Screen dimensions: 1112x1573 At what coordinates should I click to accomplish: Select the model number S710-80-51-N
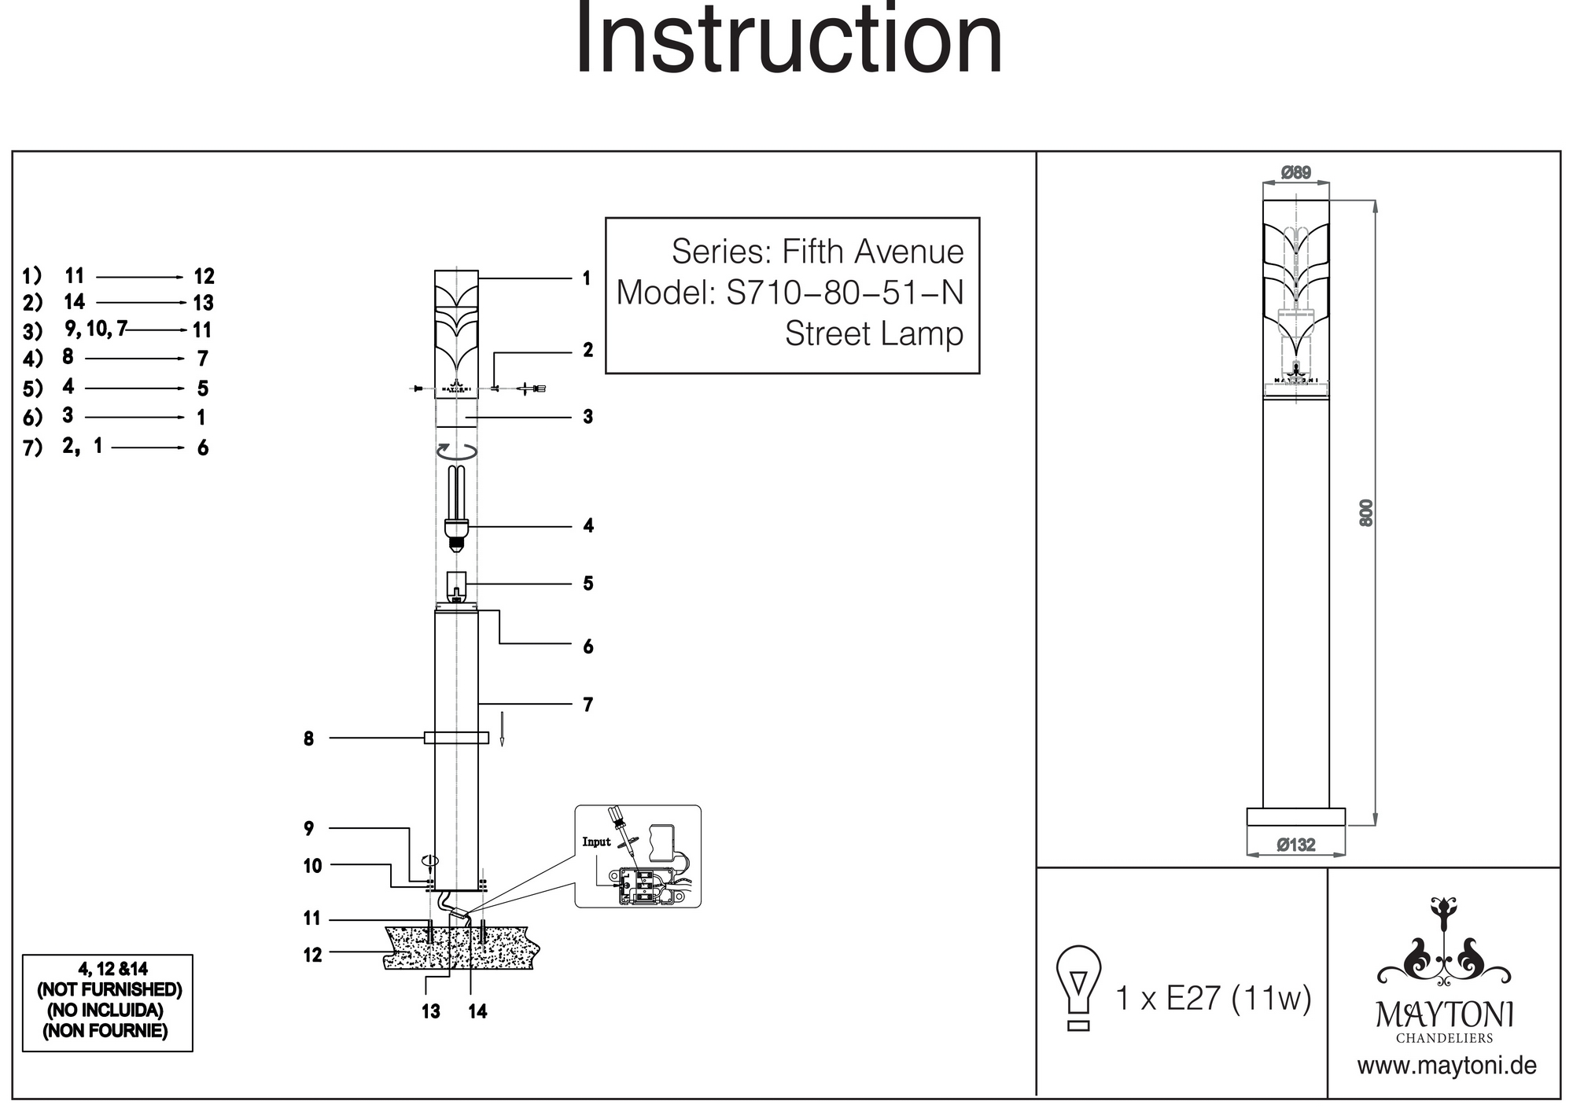pyautogui.click(x=845, y=293)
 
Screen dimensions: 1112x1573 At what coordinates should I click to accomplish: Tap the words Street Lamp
pyautogui.click(x=874, y=334)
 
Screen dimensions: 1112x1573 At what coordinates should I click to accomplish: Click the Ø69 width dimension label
pyautogui.click(x=1295, y=173)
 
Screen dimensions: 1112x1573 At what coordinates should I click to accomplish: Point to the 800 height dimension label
pyautogui.click(x=1366, y=513)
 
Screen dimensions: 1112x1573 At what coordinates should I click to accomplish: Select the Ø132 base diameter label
pyautogui.click(x=1295, y=845)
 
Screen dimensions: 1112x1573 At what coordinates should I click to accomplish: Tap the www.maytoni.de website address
pyautogui.click(x=1446, y=1066)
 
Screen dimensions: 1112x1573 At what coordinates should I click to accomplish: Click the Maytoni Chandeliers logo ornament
pyautogui.click(x=1444, y=943)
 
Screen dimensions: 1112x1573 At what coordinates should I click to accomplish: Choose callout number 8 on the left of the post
pyautogui.click(x=308, y=739)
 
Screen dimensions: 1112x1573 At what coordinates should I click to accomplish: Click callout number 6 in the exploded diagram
pyautogui.click(x=588, y=647)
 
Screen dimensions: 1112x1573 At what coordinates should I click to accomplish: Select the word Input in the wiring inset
pyautogui.click(x=596, y=842)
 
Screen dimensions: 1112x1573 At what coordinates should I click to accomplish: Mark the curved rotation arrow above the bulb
pyautogui.click(x=457, y=451)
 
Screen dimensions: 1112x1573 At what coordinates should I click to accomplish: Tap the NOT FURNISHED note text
pyautogui.click(x=109, y=990)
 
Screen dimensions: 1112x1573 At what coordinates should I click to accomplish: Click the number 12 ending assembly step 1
pyautogui.click(x=204, y=277)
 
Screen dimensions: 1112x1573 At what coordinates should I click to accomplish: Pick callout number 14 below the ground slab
pyautogui.click(x=477, y=1012)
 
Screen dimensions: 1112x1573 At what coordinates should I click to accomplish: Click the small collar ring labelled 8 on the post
pyautogui.click(x=456, y=738)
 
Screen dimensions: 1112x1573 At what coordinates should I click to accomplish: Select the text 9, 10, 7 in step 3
pyautogui.click(x=96, y=330)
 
